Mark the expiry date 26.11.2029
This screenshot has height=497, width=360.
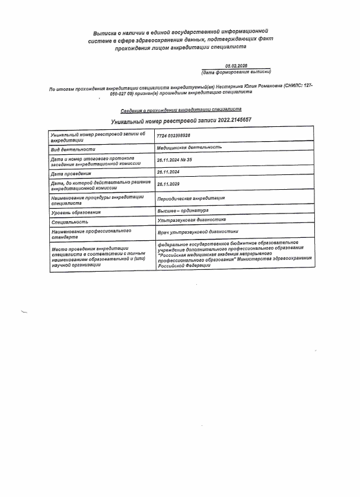pos(169,184)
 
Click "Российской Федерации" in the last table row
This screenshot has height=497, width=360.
pos(184,266)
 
